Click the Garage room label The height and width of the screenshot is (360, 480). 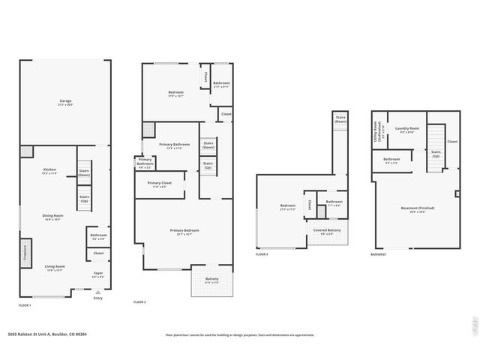click(65, 103)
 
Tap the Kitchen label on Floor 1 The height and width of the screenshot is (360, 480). click(49, 171)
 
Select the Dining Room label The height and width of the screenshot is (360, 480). click(52, 217)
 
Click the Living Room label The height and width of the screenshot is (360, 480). click(54, 268)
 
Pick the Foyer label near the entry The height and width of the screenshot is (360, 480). click(98, 274)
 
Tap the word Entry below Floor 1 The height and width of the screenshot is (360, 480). click(97, 298)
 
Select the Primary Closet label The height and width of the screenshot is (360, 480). click(160, 184)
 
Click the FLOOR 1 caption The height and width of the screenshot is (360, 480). click(26, 305)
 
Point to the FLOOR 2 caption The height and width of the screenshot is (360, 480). click(139, 301)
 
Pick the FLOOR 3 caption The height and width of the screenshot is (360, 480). click(262, 255)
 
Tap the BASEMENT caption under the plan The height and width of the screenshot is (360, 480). click(379, 255)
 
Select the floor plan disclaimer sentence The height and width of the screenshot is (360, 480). click(239, 335)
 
